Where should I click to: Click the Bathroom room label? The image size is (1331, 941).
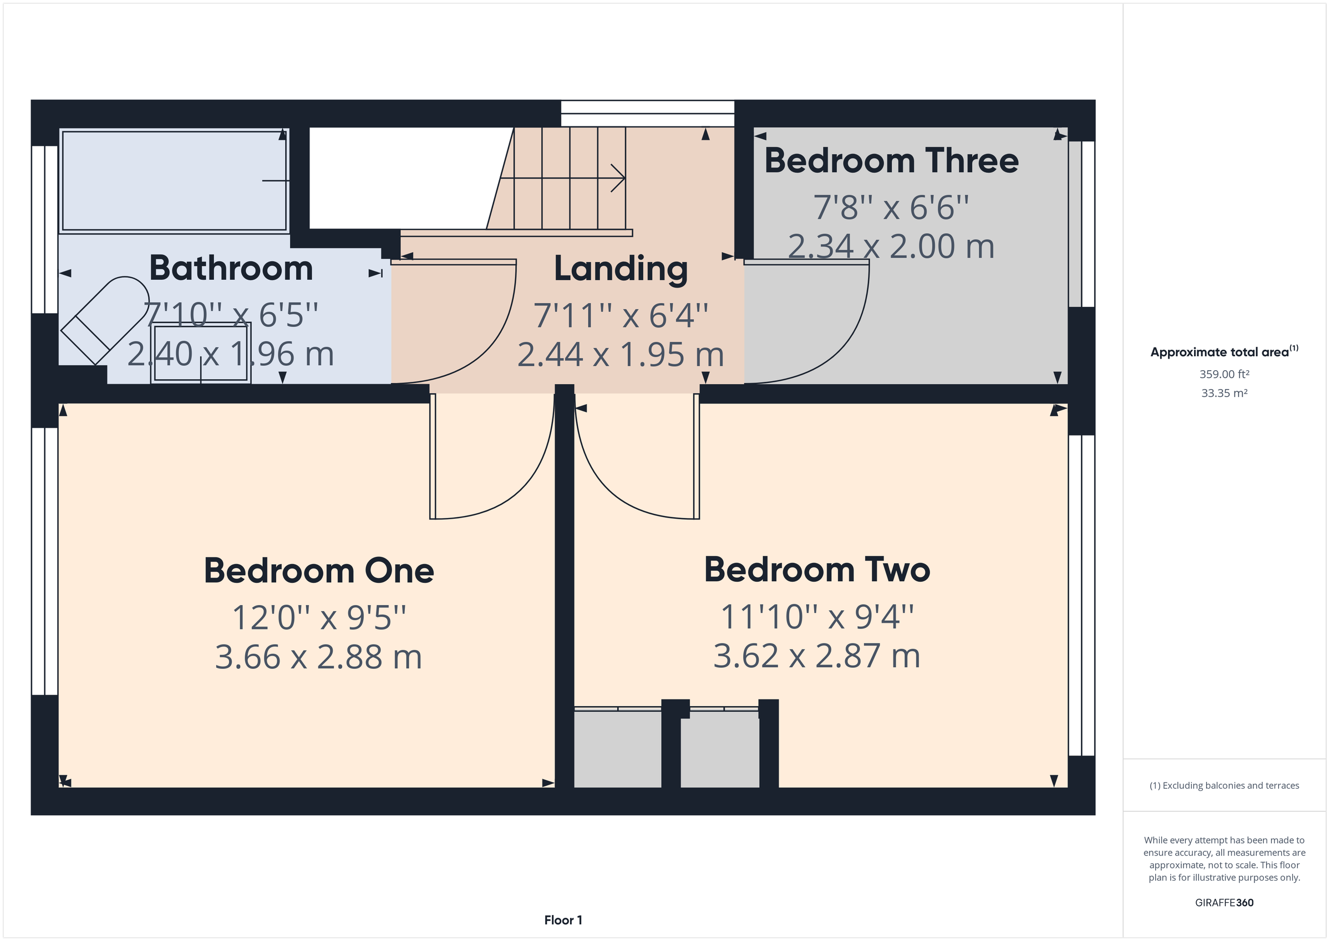[231, 268]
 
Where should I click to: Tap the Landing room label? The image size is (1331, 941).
[620, 269]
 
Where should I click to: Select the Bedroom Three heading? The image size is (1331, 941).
[891, 161]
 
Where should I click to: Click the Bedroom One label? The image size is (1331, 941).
[319, 571]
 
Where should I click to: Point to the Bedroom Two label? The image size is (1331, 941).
[817, 570]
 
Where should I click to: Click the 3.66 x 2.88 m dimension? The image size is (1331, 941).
[318, 657]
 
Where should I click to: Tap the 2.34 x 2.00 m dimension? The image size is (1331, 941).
[891, 246]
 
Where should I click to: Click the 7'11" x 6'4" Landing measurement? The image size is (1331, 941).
[620, 316]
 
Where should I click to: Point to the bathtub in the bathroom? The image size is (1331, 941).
[174, 180]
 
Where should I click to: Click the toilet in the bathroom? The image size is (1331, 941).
[104, 320]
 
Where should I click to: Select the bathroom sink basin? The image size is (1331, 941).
[201, 353]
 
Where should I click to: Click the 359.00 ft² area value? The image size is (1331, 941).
[1224, 374]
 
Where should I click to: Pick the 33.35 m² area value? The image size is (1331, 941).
[1224, 393]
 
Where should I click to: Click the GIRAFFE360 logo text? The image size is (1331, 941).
[1224, 902]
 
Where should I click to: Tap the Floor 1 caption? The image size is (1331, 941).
[563, 919]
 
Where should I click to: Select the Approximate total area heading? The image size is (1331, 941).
[1220, 352]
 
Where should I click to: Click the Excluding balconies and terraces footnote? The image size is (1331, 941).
[1224, 785]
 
